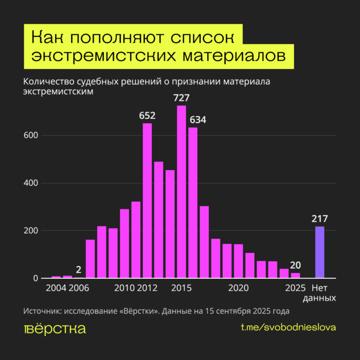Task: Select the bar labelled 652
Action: coord(147,201)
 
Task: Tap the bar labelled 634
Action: coord(193,203)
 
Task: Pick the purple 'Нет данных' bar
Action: coord(319,252)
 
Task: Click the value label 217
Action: coord(319,218)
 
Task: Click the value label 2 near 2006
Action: coord(78,269)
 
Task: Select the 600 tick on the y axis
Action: coord(31,136)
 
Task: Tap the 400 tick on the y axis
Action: coord(31,183)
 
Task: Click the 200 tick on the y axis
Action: coord(31,231)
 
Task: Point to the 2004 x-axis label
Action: coord(56,287)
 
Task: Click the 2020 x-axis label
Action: coord(239,287)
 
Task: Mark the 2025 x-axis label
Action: coord(295,287)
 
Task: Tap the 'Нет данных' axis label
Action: coord(323,293)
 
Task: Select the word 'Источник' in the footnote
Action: coord(42,311)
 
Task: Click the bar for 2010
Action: coord(124,244)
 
